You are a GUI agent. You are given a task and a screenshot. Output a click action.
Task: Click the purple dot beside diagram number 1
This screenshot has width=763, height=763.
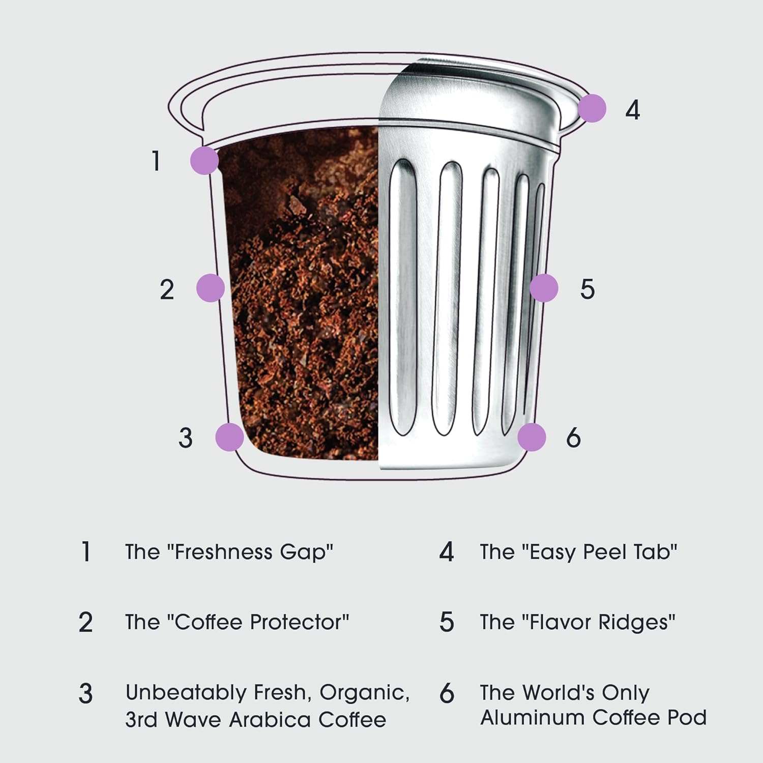click(204, 161)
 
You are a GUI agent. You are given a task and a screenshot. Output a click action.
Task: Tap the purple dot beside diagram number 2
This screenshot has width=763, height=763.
click(211, 288)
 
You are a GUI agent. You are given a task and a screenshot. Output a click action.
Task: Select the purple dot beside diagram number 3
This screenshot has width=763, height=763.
click(229, 437)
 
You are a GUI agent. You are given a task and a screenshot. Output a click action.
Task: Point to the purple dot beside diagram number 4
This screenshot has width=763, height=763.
click(592, 108)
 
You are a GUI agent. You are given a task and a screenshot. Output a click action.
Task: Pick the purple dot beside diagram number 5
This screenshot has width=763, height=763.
click(544, 288)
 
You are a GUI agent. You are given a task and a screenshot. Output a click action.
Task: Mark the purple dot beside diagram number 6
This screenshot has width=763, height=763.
click(532, 437)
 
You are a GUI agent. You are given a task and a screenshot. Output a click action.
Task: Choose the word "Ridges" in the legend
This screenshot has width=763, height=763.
click(636, 623)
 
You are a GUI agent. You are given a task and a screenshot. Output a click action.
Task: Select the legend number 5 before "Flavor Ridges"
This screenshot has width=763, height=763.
click(446, 622)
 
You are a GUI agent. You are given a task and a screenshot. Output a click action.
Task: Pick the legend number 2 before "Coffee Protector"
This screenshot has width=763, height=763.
click(85, 622)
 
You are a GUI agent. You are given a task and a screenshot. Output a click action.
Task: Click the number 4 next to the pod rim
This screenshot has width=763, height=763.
click(632, 109)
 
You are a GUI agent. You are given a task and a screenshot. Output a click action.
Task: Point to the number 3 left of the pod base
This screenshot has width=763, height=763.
click(186, 437)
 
